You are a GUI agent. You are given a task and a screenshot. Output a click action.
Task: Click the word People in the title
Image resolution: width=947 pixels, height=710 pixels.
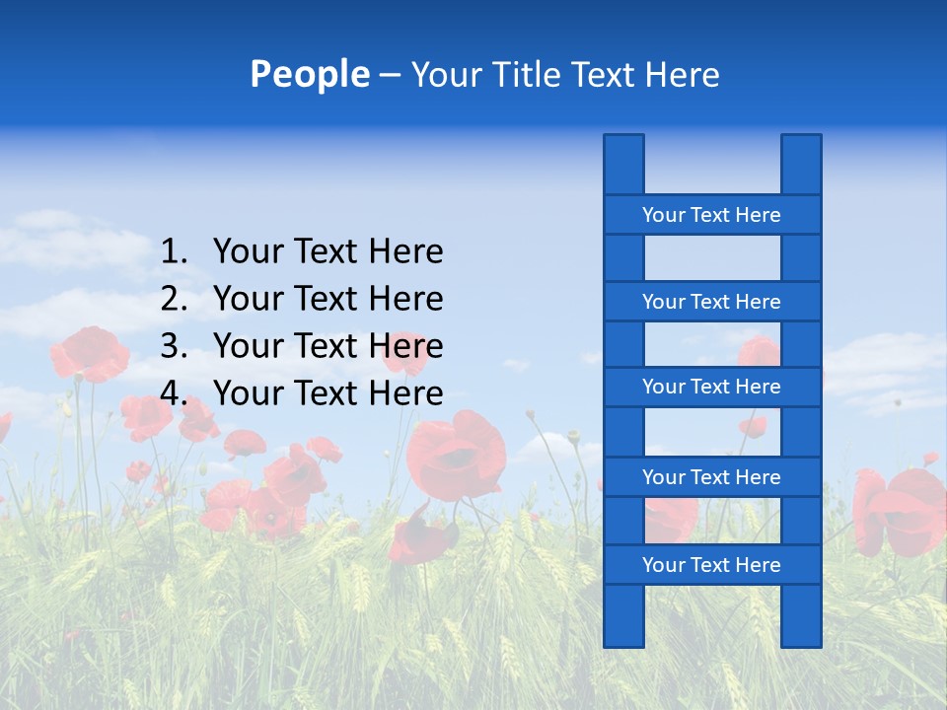(310, 74)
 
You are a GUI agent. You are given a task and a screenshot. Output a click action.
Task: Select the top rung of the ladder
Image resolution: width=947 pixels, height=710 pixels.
(711, 215)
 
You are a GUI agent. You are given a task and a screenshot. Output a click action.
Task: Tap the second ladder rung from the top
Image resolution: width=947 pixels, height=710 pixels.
(711, 302)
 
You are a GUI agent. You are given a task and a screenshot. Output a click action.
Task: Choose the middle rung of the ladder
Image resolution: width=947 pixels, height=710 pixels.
(711, 387)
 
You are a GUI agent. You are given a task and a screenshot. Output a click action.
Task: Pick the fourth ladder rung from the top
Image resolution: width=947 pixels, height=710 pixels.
(711, 477)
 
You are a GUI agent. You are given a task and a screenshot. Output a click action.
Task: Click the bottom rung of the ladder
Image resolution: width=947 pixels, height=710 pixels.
(711, 565)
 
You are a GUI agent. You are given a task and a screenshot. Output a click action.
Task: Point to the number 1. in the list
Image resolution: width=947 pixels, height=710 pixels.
(175, 251)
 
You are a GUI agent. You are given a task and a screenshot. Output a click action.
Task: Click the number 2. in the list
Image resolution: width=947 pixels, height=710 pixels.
(175, 299)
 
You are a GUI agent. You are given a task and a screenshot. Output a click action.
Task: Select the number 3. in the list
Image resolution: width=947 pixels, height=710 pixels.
(175, 346)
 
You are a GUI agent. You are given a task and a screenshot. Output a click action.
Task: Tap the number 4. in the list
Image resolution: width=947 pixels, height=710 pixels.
(175, 393)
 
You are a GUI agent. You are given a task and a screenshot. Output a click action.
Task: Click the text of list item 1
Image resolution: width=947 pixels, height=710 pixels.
(328, 251)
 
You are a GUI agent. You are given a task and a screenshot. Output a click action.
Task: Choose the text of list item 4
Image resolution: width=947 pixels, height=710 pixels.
(328, 393)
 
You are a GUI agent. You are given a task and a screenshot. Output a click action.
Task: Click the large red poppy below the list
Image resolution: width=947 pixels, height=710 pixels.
(456, 456)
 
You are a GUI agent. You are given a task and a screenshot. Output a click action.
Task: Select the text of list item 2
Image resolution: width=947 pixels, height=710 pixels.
(328, 299)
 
